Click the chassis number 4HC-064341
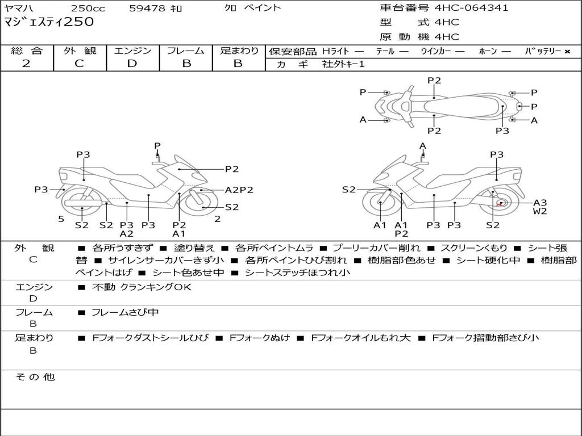(471, 8)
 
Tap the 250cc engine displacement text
(89, 8)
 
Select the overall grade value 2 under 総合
(26, 64)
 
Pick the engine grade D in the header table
(132, 64)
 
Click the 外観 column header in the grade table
(80, 51)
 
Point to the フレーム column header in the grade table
(186, 51)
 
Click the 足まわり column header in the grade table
(239, 51)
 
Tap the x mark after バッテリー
(567, 51)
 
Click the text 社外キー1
(343, 64)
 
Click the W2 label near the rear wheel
(540, 212)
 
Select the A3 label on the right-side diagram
(540, 203)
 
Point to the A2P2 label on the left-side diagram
(239, 190)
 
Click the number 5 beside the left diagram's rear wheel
(61, 219)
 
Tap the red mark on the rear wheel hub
(500, 203)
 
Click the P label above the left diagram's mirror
(157, 146)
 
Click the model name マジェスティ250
(49, 22)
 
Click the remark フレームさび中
(125, 312)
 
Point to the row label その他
(35, 377)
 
